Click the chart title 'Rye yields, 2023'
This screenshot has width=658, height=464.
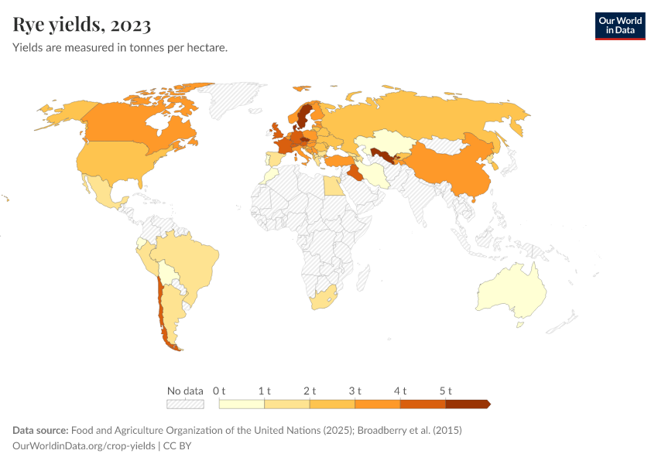(82, 25)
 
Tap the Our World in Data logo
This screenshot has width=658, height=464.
(619, 26)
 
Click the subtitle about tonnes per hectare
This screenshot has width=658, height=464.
(120, 48)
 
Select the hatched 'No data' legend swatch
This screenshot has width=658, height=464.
(185, 404)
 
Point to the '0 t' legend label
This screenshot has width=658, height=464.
(219, 391)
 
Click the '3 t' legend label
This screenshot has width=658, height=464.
(355, 391)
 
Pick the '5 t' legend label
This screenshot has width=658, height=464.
(445, 391)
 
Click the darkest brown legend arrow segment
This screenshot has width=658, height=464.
(467, 404)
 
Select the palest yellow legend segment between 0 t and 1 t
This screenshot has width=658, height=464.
(242, 404)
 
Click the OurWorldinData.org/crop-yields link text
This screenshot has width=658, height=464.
(84, 446)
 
